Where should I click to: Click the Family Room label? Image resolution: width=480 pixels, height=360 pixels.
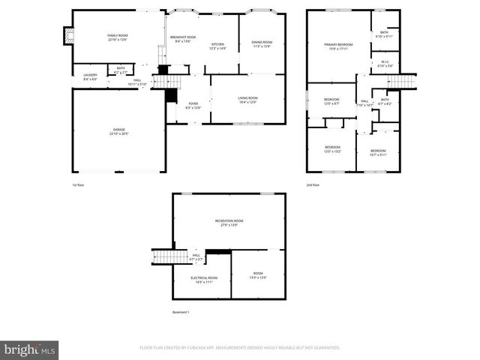pyautogui.click(x=118, y=37)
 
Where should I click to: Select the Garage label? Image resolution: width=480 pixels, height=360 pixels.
pyautogui.click(x=118, y=132)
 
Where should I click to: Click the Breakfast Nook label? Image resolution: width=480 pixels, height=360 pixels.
pyautogui.click(x=182, y=40)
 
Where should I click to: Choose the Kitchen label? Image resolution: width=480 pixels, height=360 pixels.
pyautogui.click(x=217, y=46)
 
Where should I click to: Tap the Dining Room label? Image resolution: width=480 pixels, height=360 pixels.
pyautogui.click(x=262, y=44)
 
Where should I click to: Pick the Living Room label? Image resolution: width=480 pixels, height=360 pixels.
pyautogui.click(x=247, y=100)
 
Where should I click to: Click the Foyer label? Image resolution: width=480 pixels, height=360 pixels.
pyautogui.click(x=193, y=106)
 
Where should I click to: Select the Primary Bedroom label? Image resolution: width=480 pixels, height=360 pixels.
pyautogui.click(x=338, y=47)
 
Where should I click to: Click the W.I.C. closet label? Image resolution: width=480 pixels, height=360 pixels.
pyautogui.click(x=384, y=64)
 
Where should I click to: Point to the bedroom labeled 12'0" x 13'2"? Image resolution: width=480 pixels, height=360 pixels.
pyautogui.click(x=332, y=148)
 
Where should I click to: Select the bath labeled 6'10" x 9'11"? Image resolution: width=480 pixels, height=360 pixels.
pyautogui.click(x=384, y=34)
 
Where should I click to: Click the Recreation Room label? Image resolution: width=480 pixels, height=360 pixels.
pyautogui.click(x=229, y=222)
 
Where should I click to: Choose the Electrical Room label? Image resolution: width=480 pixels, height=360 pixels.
pyautogui.click(x=203, y=279)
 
